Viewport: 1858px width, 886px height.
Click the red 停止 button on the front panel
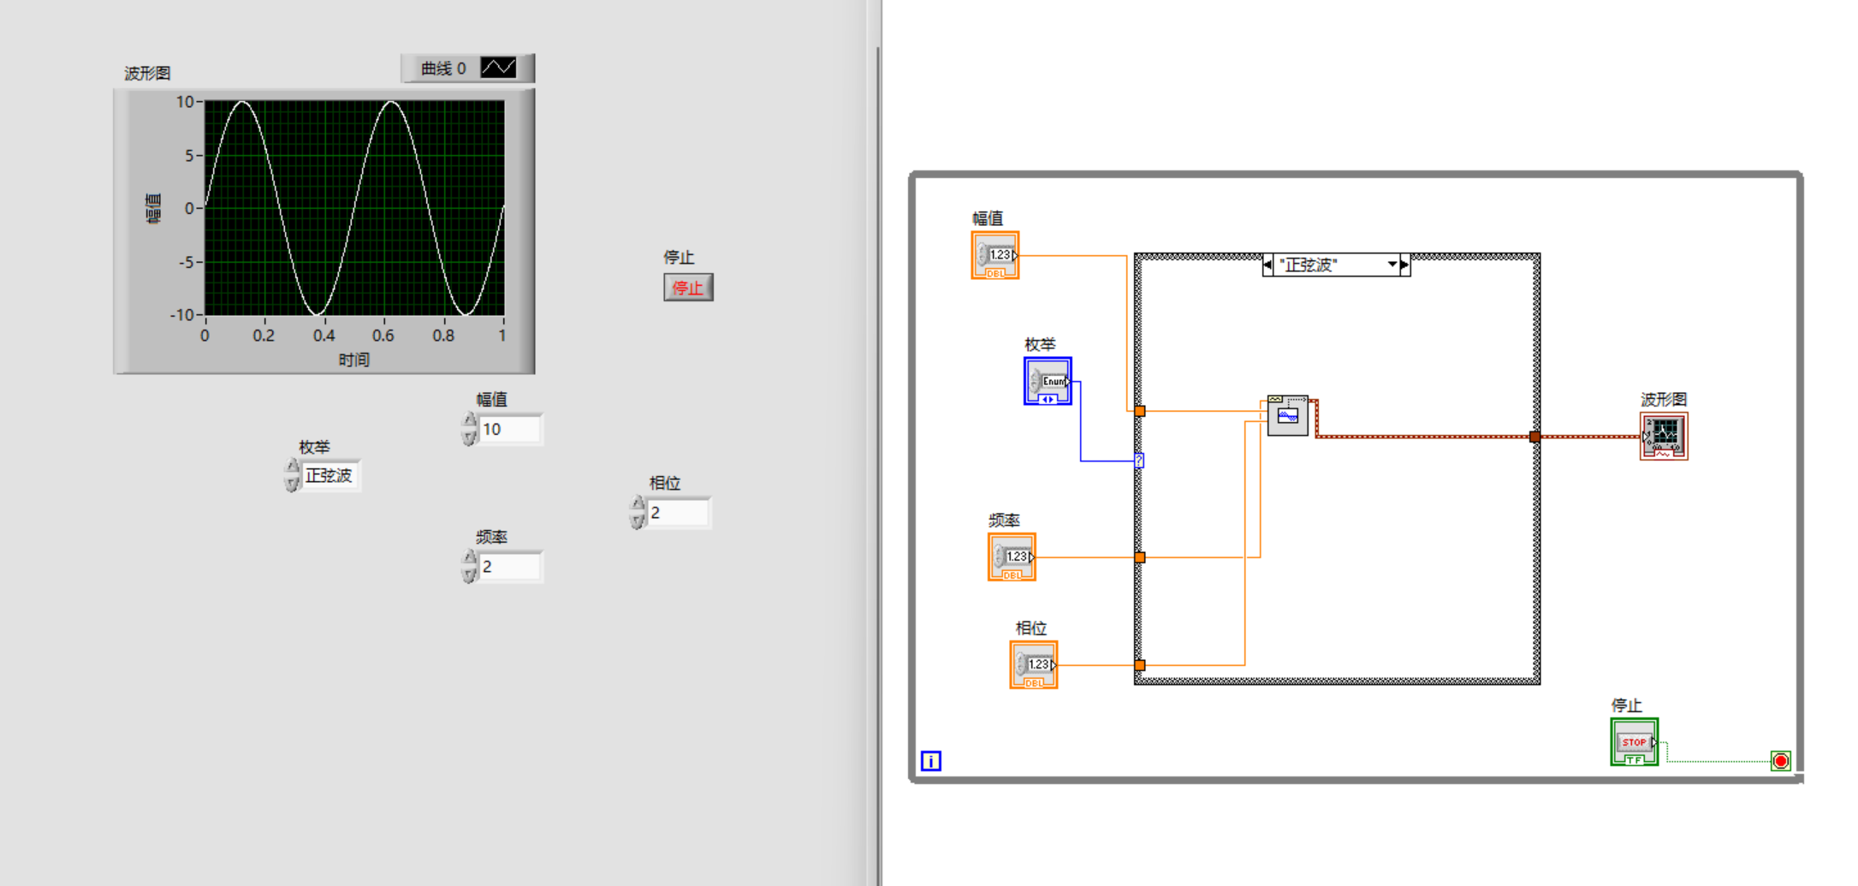688,288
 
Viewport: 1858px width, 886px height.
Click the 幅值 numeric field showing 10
509,429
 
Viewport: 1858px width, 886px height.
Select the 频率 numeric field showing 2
509,567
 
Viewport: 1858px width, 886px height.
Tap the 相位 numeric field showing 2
678,513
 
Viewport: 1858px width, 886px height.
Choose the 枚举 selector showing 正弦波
329,476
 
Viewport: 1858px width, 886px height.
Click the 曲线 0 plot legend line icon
498,68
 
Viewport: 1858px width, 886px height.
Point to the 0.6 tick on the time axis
383,336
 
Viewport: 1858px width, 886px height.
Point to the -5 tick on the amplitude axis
187,262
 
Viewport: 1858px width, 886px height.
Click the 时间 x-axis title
353,360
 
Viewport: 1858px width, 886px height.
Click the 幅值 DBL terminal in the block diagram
995,255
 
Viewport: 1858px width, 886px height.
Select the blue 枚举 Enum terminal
1048,381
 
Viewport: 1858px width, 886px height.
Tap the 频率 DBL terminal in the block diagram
1012,557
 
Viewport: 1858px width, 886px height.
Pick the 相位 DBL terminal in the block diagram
1034,665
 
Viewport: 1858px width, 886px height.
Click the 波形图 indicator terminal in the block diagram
1664,437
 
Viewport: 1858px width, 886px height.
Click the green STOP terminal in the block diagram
1634,742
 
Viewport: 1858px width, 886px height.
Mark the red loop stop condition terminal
1781,761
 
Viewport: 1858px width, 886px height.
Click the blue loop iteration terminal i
931,761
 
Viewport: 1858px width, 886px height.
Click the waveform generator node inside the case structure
1288,416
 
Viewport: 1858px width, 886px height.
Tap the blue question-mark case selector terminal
1139,461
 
